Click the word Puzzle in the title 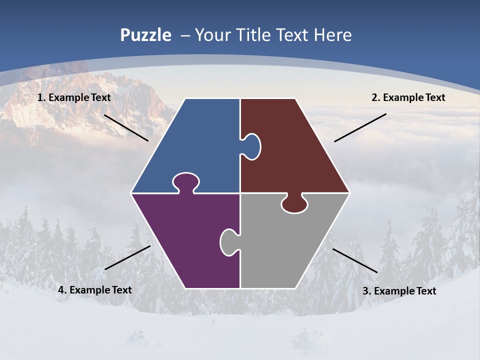pos(145,35)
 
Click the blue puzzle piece pos(195,140)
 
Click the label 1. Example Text pos(74,97)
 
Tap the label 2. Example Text pos(408,97)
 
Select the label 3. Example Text pos(399,291)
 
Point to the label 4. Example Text pos(95,290)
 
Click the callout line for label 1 pos(126,128)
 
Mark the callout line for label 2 pos(360,127)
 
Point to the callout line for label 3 pos(355,260)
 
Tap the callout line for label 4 pos(127,257)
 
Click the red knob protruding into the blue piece pos(251,146)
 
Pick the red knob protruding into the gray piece pos(294,203)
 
